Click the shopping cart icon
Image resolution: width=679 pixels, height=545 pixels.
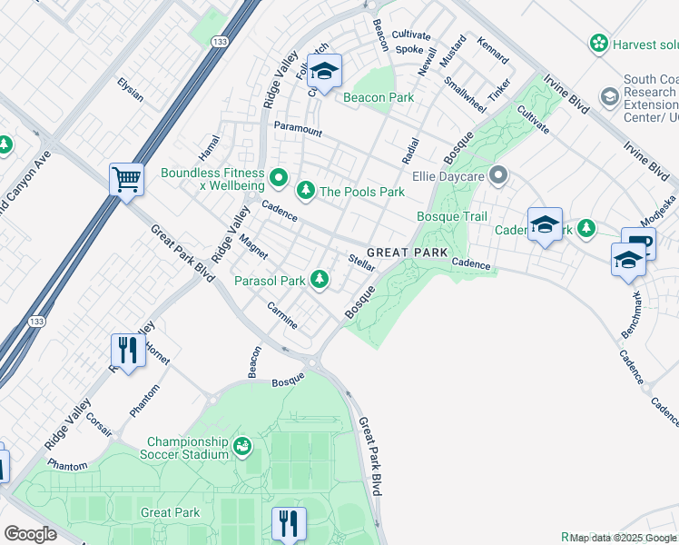click(126, 178)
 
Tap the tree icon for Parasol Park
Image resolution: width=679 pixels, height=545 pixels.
click(319, 280)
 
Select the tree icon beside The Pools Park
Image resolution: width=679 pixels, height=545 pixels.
click(306, 191)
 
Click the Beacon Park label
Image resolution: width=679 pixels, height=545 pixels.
click(378, 97)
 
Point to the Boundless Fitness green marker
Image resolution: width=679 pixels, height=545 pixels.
click(279, 177)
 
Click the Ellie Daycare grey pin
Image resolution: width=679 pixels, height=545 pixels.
click(497, 173)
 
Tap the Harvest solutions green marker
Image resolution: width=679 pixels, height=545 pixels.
click(598, 43)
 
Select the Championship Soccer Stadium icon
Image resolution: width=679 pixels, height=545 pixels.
click(241, 445)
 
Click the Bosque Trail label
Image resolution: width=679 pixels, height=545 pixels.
click(451, 216)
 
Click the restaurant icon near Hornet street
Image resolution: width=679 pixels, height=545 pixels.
click(127, 350)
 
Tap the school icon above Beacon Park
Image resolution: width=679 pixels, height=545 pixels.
click(322, 70)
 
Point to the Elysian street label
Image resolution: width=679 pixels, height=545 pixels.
click(130, 90)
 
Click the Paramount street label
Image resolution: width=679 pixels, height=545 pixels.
click(298, 130)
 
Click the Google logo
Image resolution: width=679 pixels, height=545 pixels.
click(30, 534)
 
